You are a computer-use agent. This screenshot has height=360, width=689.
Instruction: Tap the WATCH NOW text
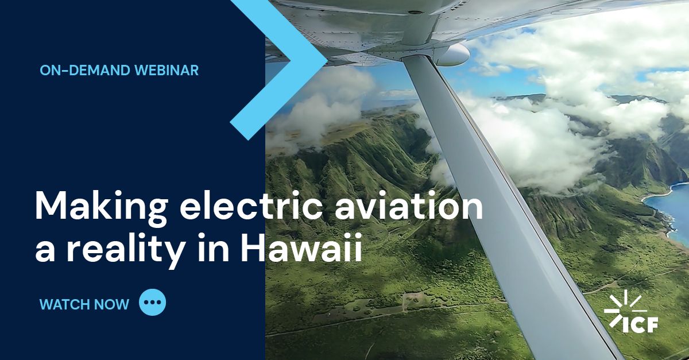point(84,304)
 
